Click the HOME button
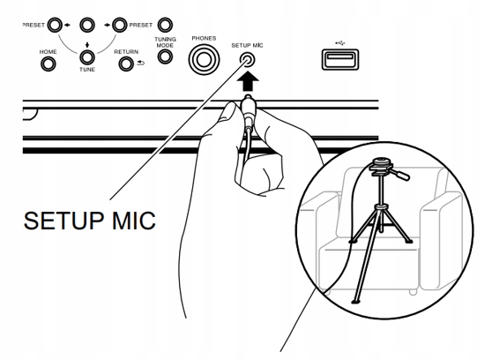(48, 64)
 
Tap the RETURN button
(126, 64)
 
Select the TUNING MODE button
(165, 56)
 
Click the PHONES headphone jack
(204, 59)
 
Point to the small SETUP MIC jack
(247, 59)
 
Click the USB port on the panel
(340, 59)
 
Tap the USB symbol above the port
(340, 42)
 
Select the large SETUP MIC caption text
(90, 221)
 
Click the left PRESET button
(55, 25)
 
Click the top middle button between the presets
(87, 25)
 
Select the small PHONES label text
(204, 38)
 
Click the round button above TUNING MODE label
(165, 25)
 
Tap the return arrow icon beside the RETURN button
(140, 64)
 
